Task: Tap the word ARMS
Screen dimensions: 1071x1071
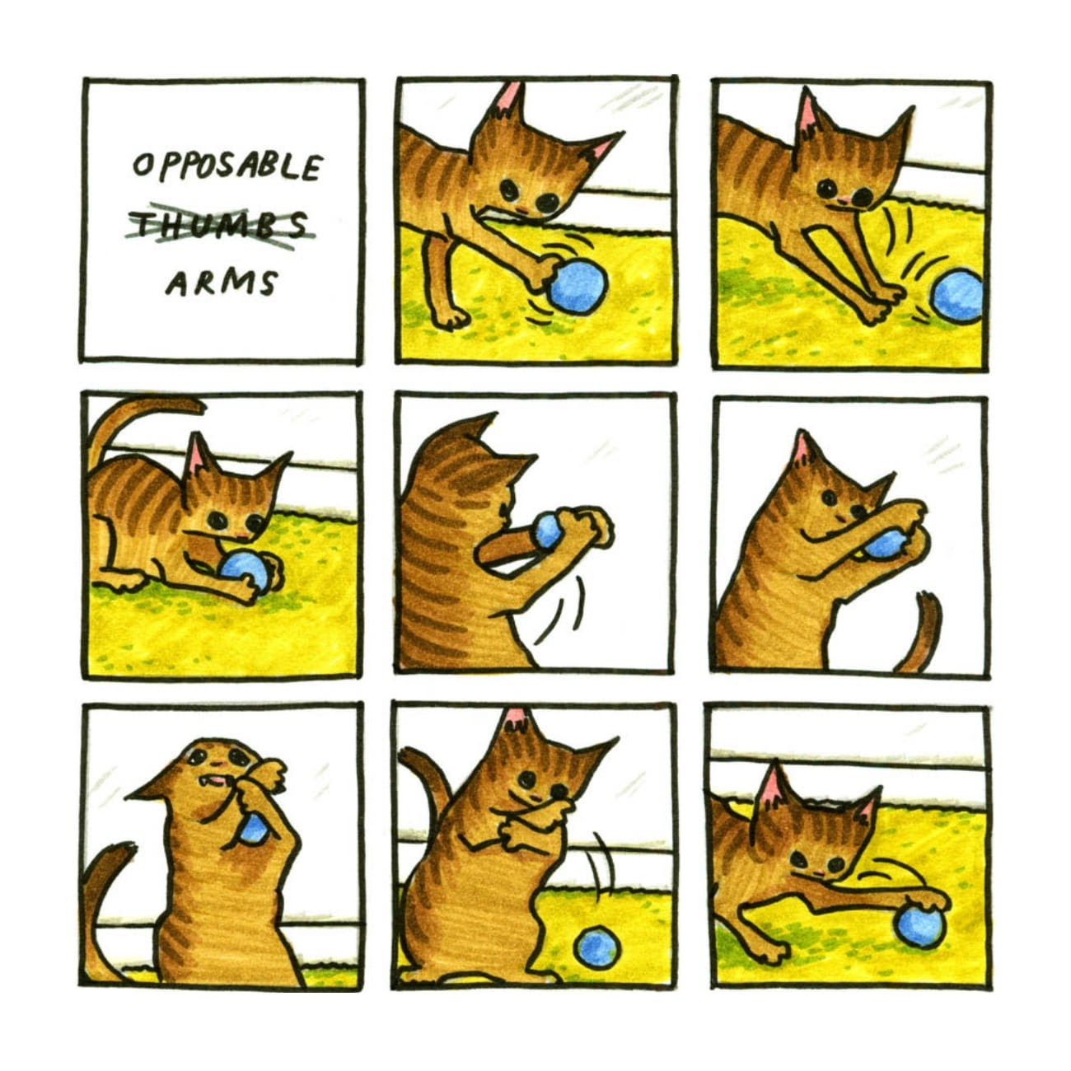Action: click(221, 283)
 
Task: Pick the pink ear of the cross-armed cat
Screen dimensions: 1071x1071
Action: click(517, 723)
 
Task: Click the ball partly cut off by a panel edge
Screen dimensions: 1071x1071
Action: click(958, 297)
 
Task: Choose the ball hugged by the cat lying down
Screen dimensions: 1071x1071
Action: click(245, 571)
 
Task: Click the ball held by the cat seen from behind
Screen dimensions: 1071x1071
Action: click(548, 531)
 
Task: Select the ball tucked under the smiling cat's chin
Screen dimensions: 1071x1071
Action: click(886, 544)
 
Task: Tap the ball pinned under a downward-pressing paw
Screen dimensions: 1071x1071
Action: click(921, 925)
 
